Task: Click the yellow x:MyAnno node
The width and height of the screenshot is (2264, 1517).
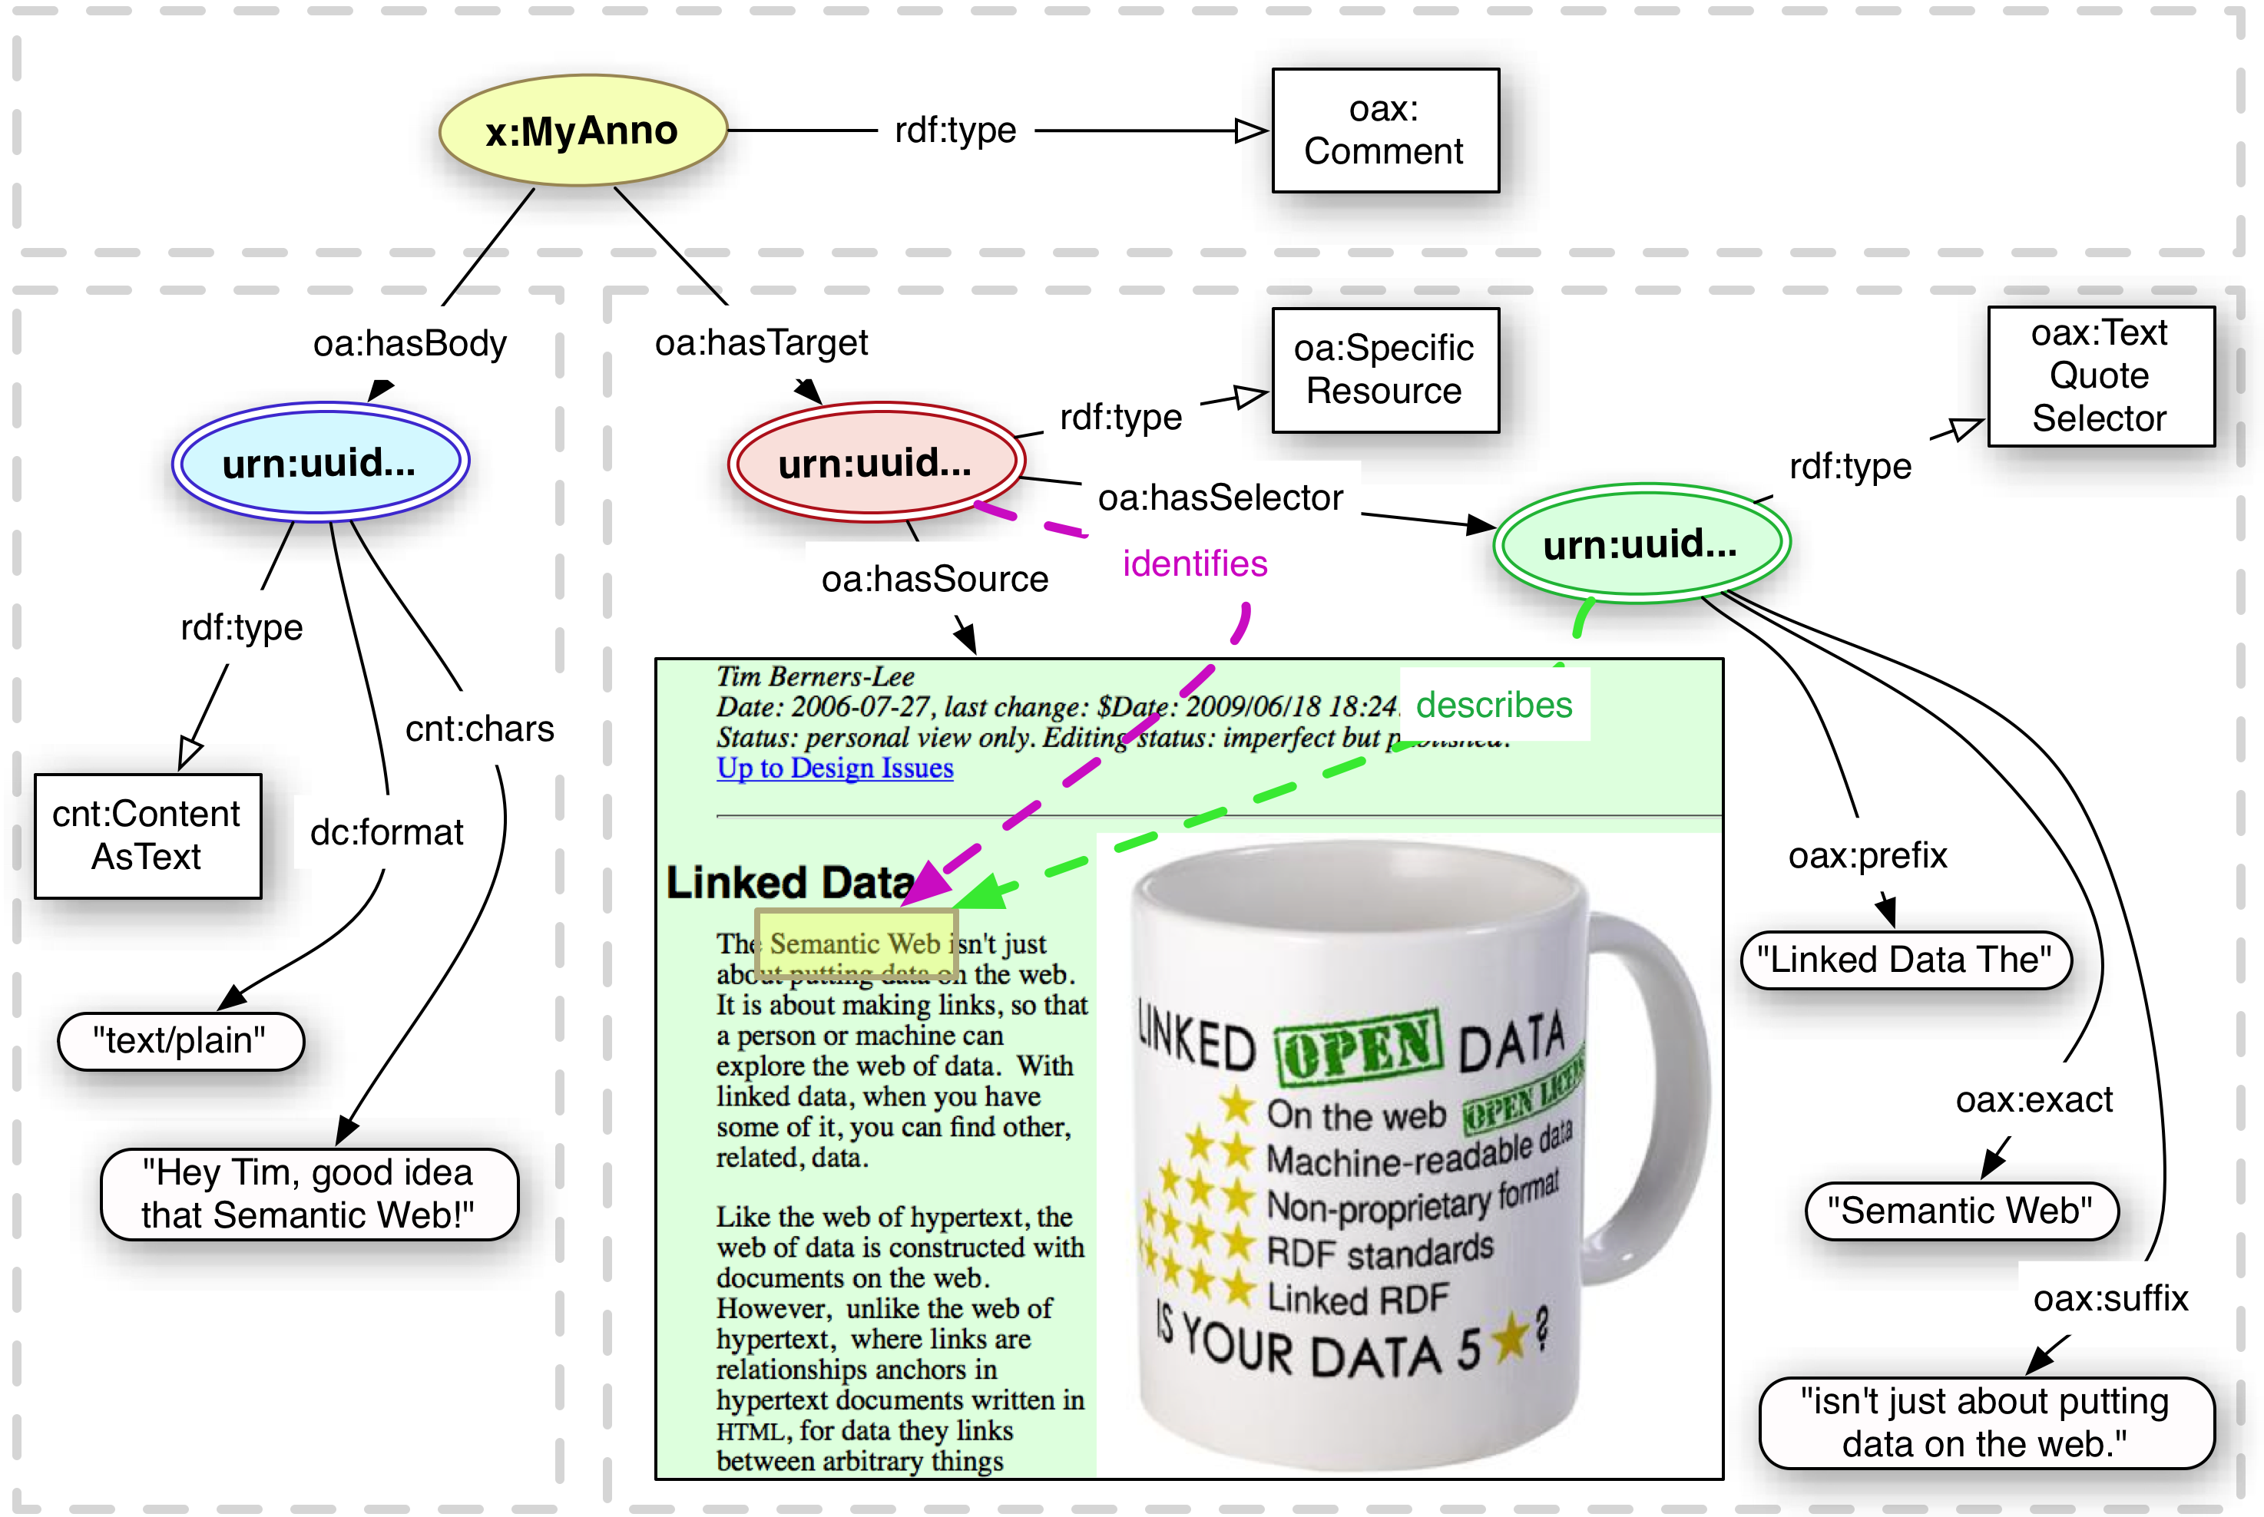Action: coord(582,131)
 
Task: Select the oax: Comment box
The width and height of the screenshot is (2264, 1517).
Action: coord(1385,131)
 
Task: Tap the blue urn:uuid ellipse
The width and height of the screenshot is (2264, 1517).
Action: coord(320,462)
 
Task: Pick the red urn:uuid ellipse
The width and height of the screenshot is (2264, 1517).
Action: coord(875,462)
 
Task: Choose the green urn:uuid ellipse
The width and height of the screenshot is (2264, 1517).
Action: coord(1641,544)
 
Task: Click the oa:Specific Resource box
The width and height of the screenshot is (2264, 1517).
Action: coord(1385,369)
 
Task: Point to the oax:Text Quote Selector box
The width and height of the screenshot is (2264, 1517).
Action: coord(2100,375)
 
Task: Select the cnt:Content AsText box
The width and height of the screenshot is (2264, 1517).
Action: coord(147,836)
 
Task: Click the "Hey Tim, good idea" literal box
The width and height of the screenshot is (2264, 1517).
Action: coord(309,1194)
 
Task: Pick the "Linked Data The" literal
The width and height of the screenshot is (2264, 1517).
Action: coord(1905,960)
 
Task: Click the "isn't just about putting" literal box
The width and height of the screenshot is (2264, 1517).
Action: coord(1985,1422)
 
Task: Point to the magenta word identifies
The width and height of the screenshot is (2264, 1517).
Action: coord(1195,563)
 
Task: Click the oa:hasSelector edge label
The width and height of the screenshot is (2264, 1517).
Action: coord(1220,497)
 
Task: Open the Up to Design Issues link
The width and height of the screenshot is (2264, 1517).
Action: coord(834,768)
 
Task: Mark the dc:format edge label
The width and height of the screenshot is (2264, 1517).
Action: coord(386,832)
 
